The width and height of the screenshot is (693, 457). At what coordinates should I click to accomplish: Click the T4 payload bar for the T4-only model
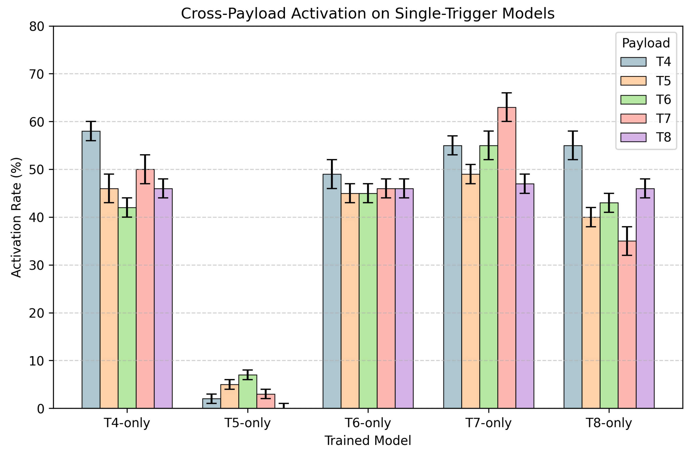(x=91, y=270)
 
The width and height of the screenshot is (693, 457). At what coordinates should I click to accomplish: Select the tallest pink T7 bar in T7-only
(x=507, y=258)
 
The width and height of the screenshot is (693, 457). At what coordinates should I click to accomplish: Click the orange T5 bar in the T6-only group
(x=350, y=301)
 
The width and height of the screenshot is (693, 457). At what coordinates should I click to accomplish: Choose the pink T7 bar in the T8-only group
(x=627, y=325)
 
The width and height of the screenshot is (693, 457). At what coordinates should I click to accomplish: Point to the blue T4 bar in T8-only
(x=573, y=277)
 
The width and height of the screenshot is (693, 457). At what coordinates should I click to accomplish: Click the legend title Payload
(x=646, y=43)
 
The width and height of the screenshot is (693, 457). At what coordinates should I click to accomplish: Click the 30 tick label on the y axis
(x=36, y=266)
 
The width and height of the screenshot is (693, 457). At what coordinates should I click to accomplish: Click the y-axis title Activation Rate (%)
(x=16, y=217)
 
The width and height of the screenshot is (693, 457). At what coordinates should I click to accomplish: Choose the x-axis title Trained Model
(x=368, y=441)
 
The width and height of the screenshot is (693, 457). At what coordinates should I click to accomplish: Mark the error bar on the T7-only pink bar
(x=507, y=107)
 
